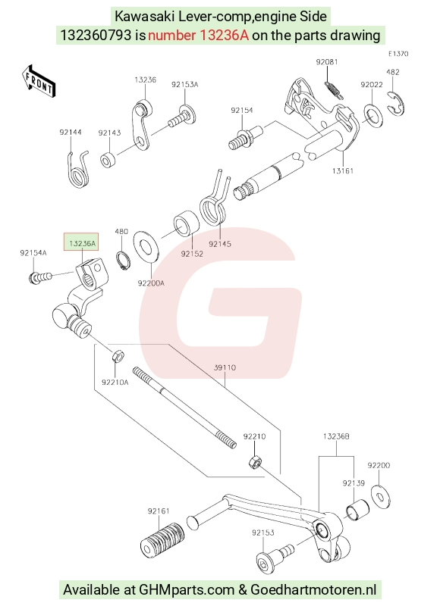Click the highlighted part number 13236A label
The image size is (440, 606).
pyautogui.click(x=82, y=243)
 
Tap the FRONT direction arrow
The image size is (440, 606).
pyautogui.click(x=39, y=82)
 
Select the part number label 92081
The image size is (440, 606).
pyautogui.click(x=327, y=62)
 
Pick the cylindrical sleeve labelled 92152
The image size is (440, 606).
pyautogui.click(x=186, y=223)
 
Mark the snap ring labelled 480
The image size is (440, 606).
pyautogui.click(x=123, y=260)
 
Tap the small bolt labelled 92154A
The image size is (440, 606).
pyautogui.click(x=39, y=277)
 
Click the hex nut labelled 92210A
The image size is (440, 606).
pyautogui.click(x=118, y=355)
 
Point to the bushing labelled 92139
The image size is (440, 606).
pyautogui.click(x=357, y=510)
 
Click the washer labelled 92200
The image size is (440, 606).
pyautogui.click(x=381, y=496)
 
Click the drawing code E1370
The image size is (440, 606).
pyautogui.click(x=398, y=54)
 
